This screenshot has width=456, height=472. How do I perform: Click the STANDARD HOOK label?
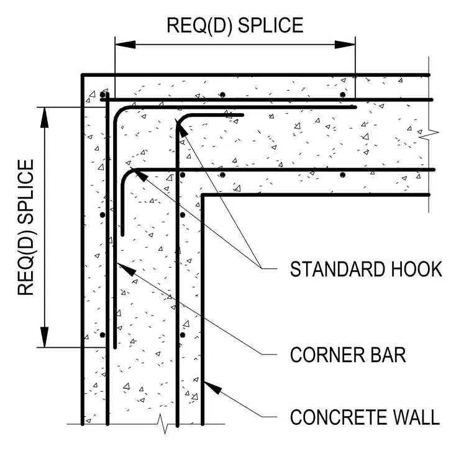point(366,269)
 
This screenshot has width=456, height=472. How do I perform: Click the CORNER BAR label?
point(348,355)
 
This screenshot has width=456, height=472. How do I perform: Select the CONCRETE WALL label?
point(365,417)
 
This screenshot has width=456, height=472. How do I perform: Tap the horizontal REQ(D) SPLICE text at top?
point(235,25)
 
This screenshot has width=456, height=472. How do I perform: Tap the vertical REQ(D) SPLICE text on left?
point(26,227)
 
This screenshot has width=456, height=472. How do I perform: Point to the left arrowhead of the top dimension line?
point(125,45)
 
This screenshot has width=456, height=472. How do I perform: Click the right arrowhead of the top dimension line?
point(345,45)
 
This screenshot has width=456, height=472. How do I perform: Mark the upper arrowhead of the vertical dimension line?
point(45,117)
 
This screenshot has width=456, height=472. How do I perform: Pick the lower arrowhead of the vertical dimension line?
point(45,337)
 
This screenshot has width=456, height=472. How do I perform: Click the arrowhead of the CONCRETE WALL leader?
point(212,388)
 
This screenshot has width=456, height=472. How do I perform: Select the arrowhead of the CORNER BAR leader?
point(126,269)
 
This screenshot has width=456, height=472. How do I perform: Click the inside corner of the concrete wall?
point(203,195)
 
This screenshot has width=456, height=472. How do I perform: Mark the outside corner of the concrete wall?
point(82,75)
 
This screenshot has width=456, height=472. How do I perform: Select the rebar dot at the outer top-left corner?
point(103,95)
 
